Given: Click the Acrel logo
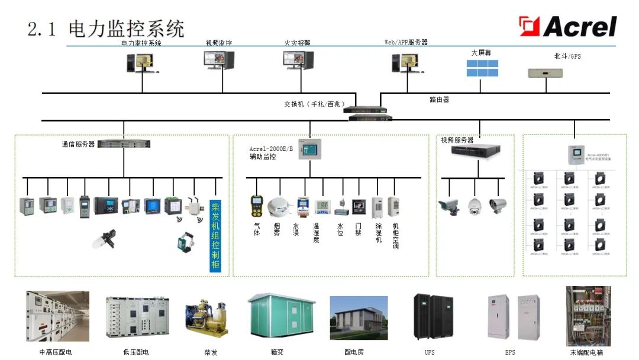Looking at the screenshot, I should click(567, 27).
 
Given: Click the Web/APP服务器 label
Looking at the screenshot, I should click(406, 43).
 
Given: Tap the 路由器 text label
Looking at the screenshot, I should click(439, 99).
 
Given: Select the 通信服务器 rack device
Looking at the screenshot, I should click(124, 143).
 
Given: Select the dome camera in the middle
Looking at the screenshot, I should click(475, 205).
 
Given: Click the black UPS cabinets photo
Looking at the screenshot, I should click(433, 317).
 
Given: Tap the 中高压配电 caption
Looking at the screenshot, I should click(56, 352).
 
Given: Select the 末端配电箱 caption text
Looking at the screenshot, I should click(588, 352).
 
